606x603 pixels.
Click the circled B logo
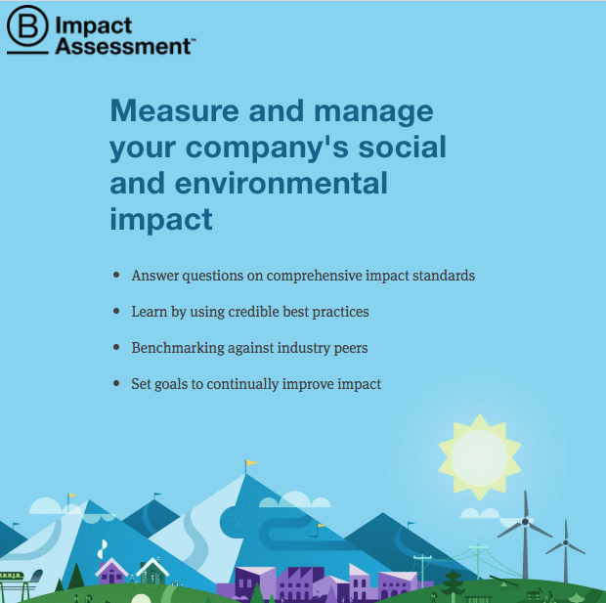(27, 25)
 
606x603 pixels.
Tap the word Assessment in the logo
(123, 46)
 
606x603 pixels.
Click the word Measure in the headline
(175, 110)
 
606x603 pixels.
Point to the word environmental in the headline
(281, 183)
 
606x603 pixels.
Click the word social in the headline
(402, 147)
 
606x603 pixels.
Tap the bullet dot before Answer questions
(116, 275)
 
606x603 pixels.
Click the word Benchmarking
(178, 348)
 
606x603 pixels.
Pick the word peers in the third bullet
(351, 349)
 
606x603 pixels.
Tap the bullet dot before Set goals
(116, 383)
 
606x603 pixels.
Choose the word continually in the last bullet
(242, 384)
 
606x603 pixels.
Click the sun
(480, 457)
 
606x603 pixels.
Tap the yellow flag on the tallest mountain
(252, 462)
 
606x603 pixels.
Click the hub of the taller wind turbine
(525, 522)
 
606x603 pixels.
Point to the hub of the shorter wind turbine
(565, 542)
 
